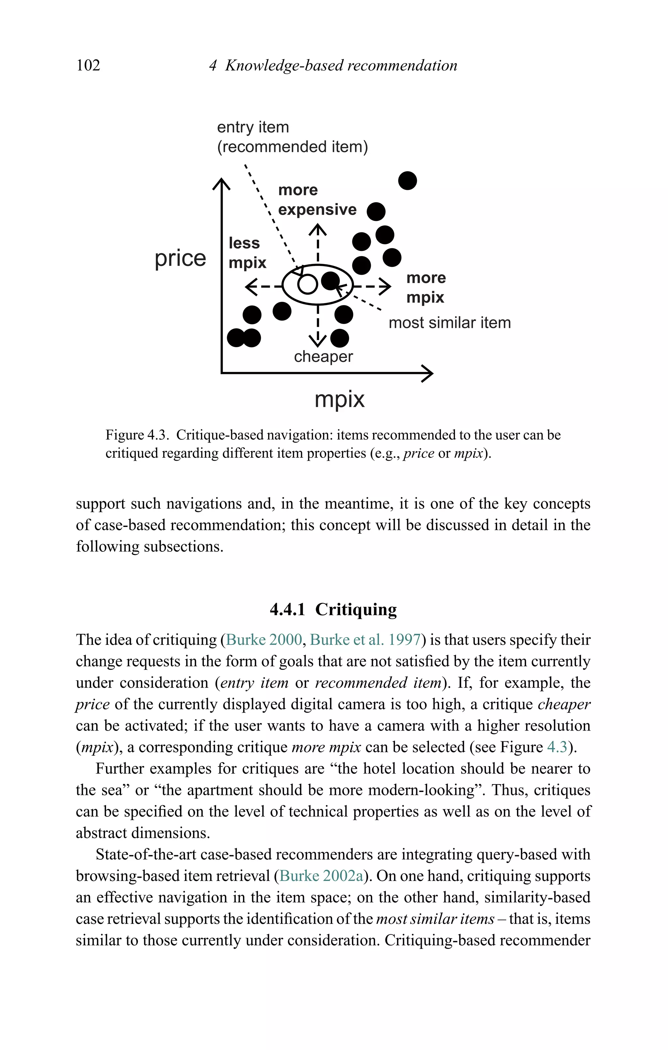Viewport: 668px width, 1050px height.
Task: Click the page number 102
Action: (x=88, y=65)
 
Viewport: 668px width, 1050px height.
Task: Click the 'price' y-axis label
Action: (x=180, y=258)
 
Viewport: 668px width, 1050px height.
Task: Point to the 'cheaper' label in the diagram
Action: (x=323, y=357)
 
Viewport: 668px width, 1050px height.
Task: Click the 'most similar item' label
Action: (x=449, y=323)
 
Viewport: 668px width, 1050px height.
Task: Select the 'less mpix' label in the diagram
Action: (x=247, y=253)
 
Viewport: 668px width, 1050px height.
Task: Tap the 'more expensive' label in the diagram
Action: (x=317, y=200)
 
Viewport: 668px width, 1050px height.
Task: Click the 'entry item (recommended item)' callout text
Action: (x=292, y=137)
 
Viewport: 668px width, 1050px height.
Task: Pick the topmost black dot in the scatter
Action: (x=408, y=180)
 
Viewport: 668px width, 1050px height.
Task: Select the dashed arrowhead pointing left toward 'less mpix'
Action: (x=251, y=287)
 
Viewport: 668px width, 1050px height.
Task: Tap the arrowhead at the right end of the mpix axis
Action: (x=428, y=373)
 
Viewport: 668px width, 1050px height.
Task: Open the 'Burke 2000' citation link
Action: (x=264, y=640)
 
